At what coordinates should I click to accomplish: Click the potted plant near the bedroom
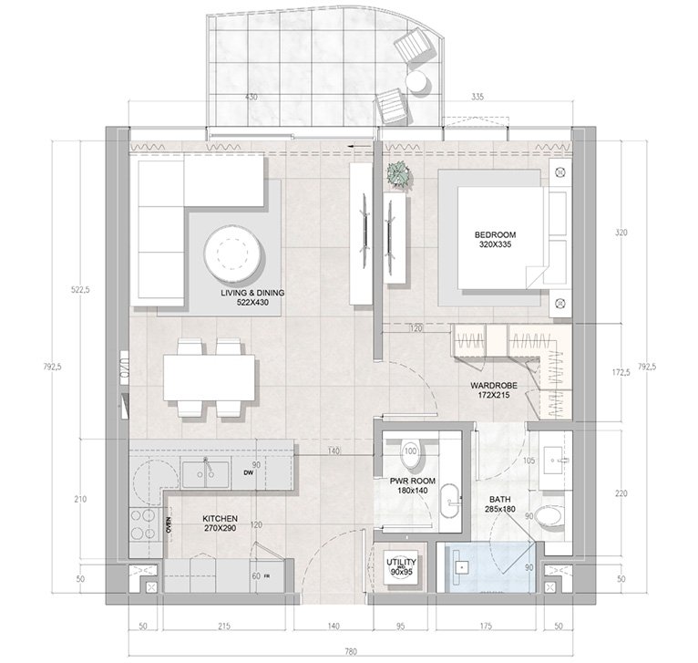coord(397,173)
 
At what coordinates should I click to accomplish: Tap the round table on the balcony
coord(417,81)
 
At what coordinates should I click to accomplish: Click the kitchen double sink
coord(204,473)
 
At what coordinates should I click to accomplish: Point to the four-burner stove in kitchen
coord(142,525)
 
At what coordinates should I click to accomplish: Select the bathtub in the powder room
coord(449,503)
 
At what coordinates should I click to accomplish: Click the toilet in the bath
coord(550,517)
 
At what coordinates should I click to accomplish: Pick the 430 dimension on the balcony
coord(251,98)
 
